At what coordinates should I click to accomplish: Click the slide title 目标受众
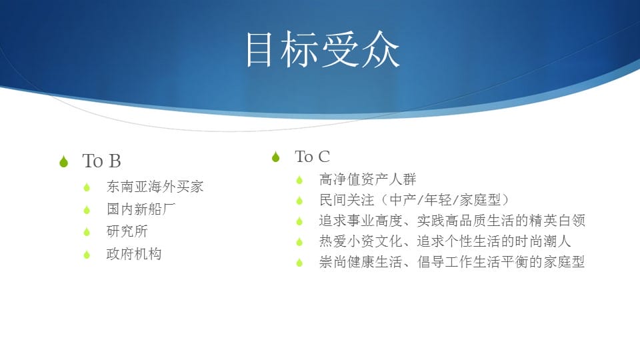coord(322,49)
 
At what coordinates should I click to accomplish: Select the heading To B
coord(101,161)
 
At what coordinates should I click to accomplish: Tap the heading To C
coord(312,157)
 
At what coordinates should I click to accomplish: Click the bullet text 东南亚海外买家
coord(155,187)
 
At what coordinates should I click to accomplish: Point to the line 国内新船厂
coord(141,209)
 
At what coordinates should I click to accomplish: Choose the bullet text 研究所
coord(127,231)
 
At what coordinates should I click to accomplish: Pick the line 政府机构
coord(134,254)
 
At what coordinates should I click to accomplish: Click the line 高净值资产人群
coord(368,179)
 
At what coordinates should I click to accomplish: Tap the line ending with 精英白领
coord(452,221)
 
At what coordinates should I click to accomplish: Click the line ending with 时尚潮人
coord(445,241)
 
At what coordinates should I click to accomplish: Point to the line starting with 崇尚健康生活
coord(452,262)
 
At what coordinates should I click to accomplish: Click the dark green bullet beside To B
coord(64,161)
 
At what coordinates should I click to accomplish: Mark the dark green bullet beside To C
coord(276,157)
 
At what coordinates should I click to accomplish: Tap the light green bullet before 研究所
coord(87,232)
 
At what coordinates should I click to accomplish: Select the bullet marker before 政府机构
coord(87,255)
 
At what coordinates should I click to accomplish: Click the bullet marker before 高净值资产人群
coord(299,180)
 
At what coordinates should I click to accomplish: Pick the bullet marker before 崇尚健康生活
coord(299,263)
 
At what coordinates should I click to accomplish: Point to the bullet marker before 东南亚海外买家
coord(87,188)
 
